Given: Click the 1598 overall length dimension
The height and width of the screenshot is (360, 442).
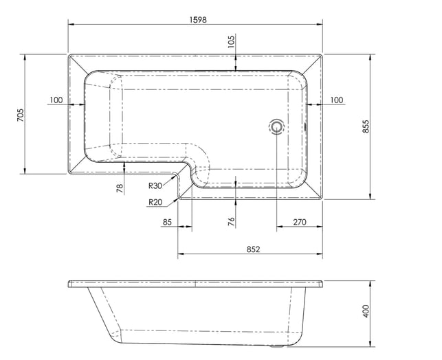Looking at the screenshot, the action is (198, 19).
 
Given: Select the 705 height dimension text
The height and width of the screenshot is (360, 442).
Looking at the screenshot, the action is (21, 115).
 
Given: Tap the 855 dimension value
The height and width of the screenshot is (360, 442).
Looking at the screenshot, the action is (365, 126).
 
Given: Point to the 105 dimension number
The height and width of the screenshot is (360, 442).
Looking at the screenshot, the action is (231, 41).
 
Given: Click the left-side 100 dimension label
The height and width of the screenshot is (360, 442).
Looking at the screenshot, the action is (56, 100).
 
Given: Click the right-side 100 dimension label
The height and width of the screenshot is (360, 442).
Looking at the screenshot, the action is (337, 100).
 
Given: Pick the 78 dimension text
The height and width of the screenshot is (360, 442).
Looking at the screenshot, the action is (120, 188).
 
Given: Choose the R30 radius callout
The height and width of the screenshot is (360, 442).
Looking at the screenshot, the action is (155, 185).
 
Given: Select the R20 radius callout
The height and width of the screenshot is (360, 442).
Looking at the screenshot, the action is (155, 202).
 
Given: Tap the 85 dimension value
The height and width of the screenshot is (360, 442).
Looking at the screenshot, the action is (167, 222).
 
